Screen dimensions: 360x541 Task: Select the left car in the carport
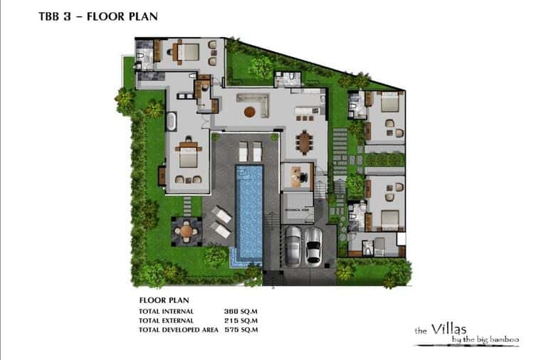292,245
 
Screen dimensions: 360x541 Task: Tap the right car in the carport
313,245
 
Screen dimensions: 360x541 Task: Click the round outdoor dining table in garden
187,229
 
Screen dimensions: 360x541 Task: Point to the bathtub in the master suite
172,120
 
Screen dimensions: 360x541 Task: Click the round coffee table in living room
249,112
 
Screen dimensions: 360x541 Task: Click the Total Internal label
166,312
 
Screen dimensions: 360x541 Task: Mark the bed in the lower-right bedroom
388,217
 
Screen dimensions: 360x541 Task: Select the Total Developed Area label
179,329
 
